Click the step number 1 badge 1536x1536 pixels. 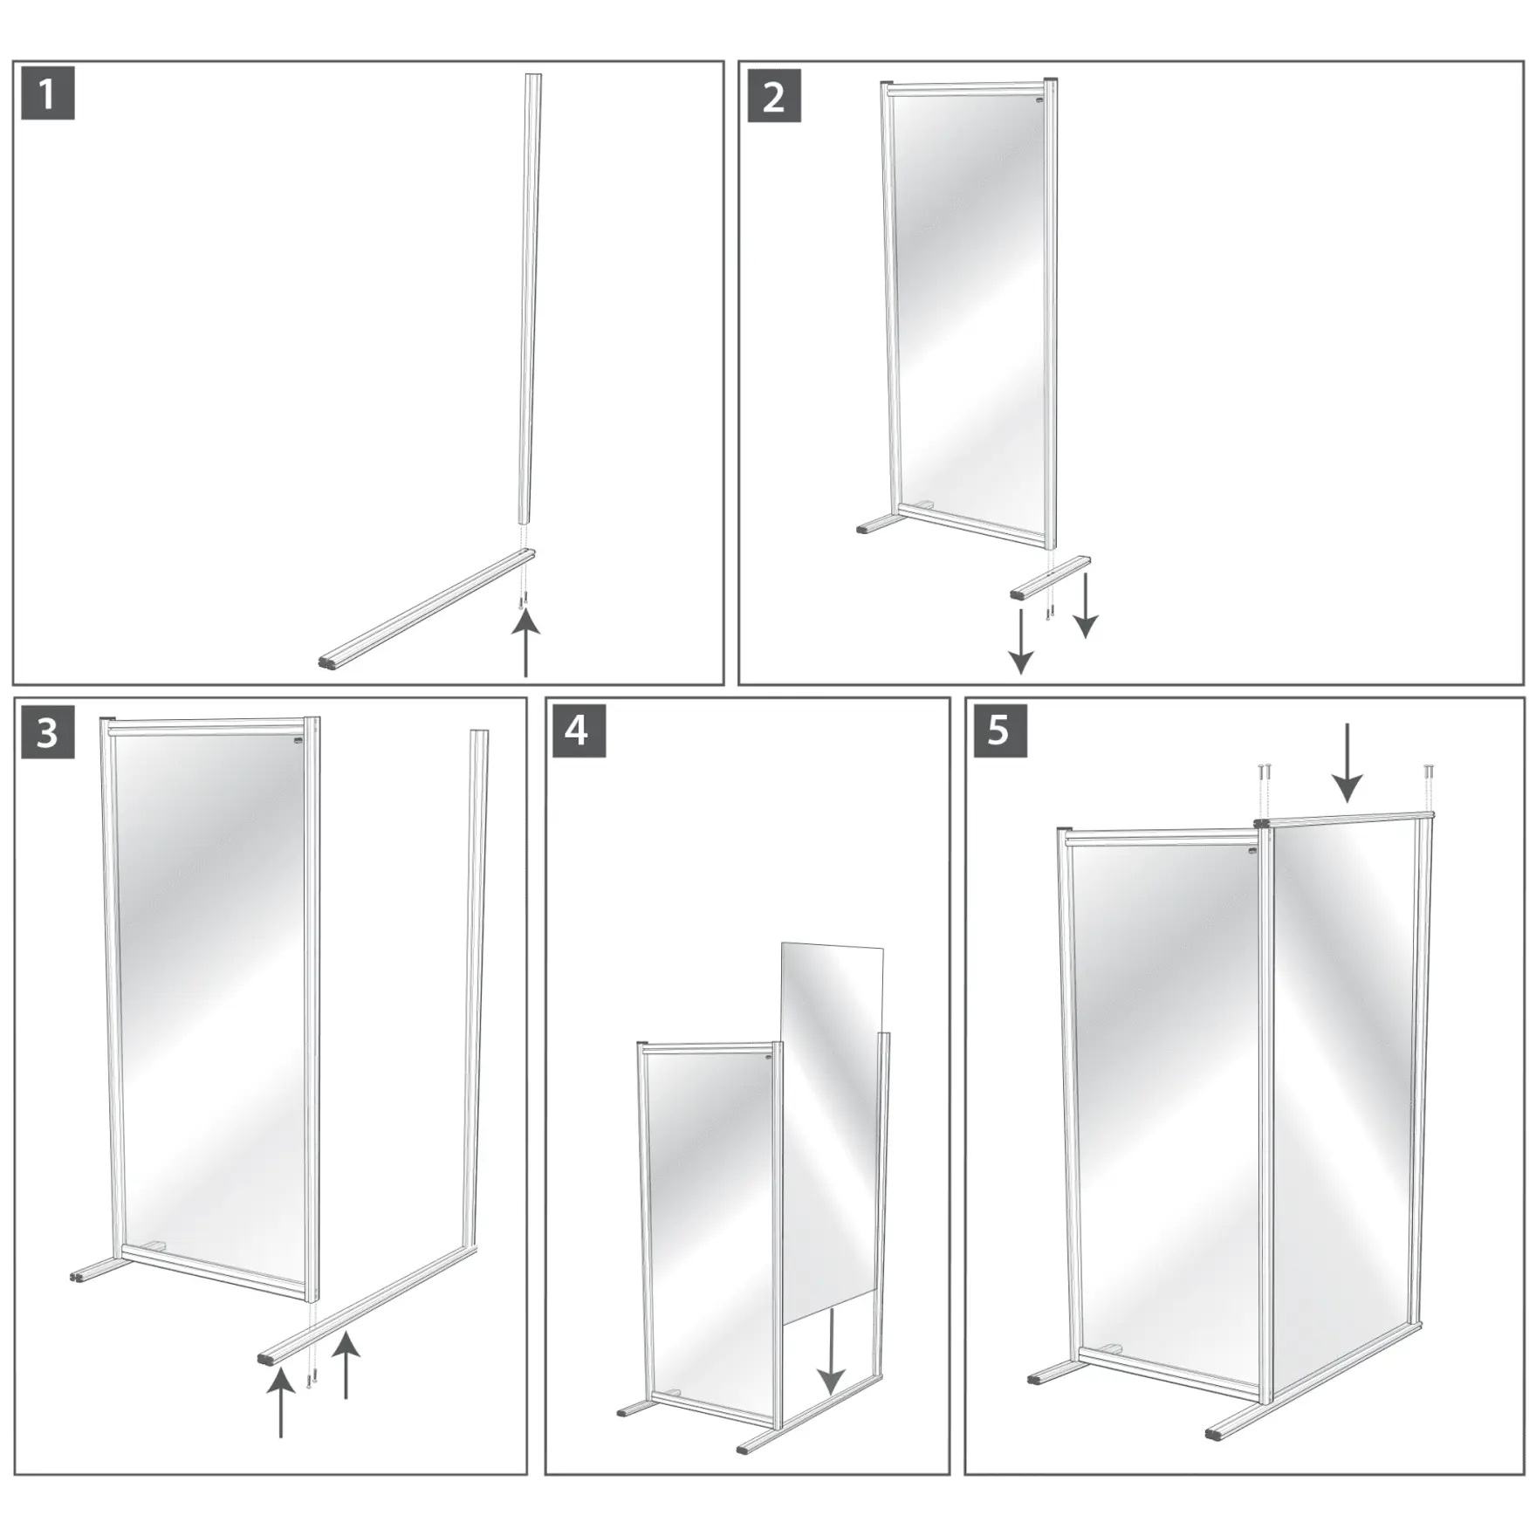click(x=47, y=93)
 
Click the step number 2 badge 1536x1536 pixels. click(x=774, y=96)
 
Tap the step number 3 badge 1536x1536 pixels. click(x=47, y=731)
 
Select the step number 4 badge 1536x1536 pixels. click(x=577, y=730)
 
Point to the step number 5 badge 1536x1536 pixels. click(x=998, y=730)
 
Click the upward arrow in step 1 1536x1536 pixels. click(x=525, y=641)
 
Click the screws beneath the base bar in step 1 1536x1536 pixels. click(x=523, y=600)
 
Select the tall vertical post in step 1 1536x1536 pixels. click(x=529, y=297)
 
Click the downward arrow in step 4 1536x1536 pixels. click(x=831, y=1353)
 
